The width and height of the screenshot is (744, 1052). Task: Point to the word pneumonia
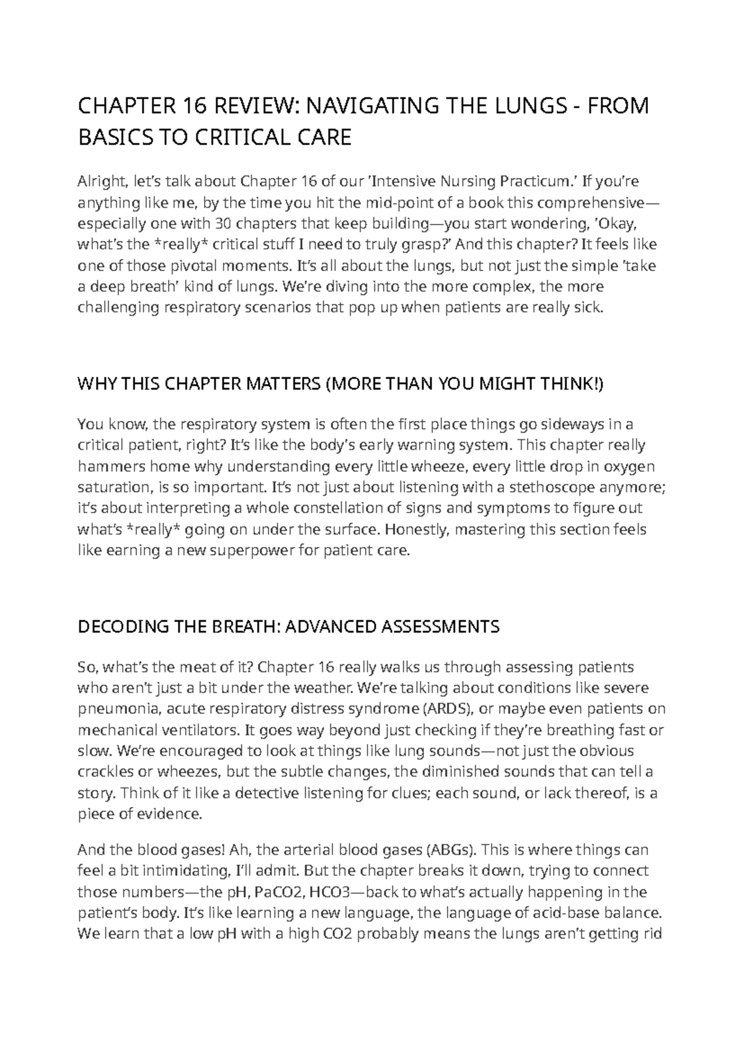coord(114,709)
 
